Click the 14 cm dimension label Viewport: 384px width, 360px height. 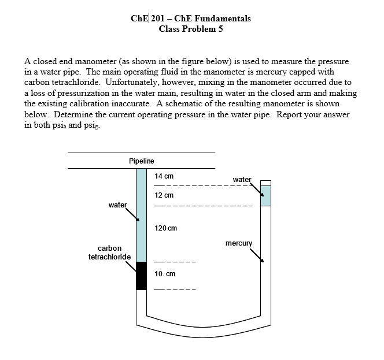click(x=164, y=175)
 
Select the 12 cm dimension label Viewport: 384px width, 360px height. click(x=164, y=195)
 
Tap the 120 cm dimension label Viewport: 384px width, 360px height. click(x=166, y=228)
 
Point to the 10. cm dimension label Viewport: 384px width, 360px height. click(x=165, y=273)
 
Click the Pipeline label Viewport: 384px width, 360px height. click(x=141, y=161)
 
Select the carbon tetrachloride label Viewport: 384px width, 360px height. click(x=109, y=252)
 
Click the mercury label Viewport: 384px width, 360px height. click(x=239, y=243)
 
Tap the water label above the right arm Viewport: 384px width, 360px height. click(x=242, y=179)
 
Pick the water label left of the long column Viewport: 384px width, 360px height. click(x=117, y=204)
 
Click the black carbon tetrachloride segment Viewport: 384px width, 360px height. click(x=141, y=276)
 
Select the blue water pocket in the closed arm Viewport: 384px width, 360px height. click(x=265, y=196)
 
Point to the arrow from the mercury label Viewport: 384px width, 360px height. click(x=257, y=254)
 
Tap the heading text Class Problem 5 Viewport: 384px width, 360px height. click(x=190, y=29)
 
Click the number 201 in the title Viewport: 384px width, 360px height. click(x=158, y=18)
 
